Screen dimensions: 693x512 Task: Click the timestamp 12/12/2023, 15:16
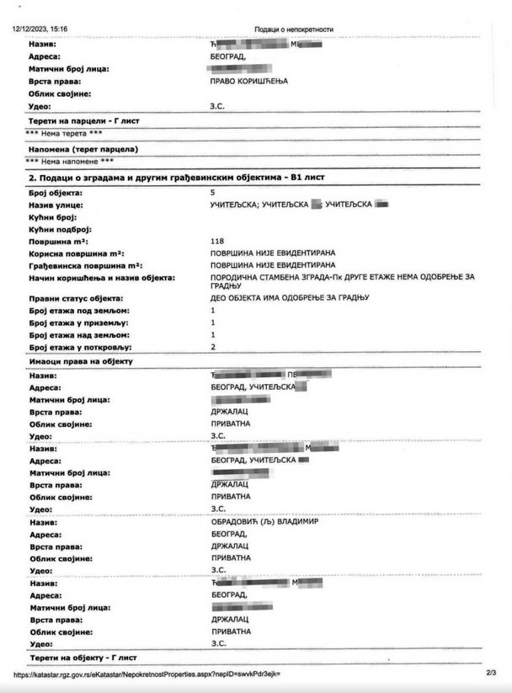pyautogui.click(x=39, y=29)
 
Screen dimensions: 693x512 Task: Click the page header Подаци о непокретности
pyautogui.click(x=294, y=29)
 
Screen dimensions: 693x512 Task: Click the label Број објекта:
pyautogui.click(x=56, y=193)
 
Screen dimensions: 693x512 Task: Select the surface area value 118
pyautogui.click(x=217, y=241)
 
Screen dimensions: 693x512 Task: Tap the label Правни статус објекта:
pyautogui.click(x=76, y=299)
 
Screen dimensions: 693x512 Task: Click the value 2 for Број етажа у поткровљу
pyautogui.click(x=212, y=347)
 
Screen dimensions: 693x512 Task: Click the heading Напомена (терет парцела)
pyautogui.click(x=83, y=148)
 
